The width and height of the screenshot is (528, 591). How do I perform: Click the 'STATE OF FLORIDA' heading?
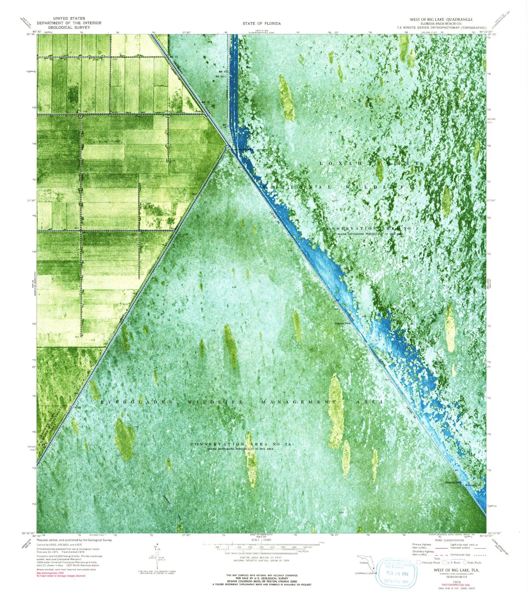click(x=262, y=24)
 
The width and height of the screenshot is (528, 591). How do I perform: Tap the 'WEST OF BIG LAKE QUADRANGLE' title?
click(x=441, y=19)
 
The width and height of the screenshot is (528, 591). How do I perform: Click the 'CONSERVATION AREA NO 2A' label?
click(x=241, y=444)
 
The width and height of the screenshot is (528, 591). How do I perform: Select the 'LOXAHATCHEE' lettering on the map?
click(x=370, y=164)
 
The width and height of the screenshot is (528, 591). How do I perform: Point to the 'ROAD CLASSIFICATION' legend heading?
click(x=449, y=540)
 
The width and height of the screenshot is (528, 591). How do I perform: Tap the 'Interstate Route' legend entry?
click(x=428, y=562)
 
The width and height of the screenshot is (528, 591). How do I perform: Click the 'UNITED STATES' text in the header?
click(x=69, y=18)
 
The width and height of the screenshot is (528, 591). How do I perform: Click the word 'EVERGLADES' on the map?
click(x=137, y=402)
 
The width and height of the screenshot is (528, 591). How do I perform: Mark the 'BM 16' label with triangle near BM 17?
click(x=220, y=76)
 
